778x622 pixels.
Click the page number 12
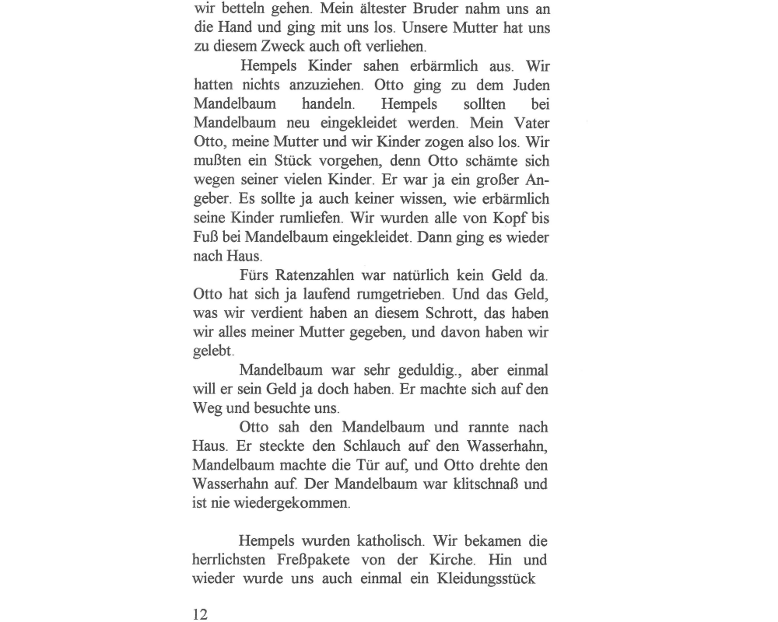click(x=201, y=614)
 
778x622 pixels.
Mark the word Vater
click(x=527, y=123)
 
